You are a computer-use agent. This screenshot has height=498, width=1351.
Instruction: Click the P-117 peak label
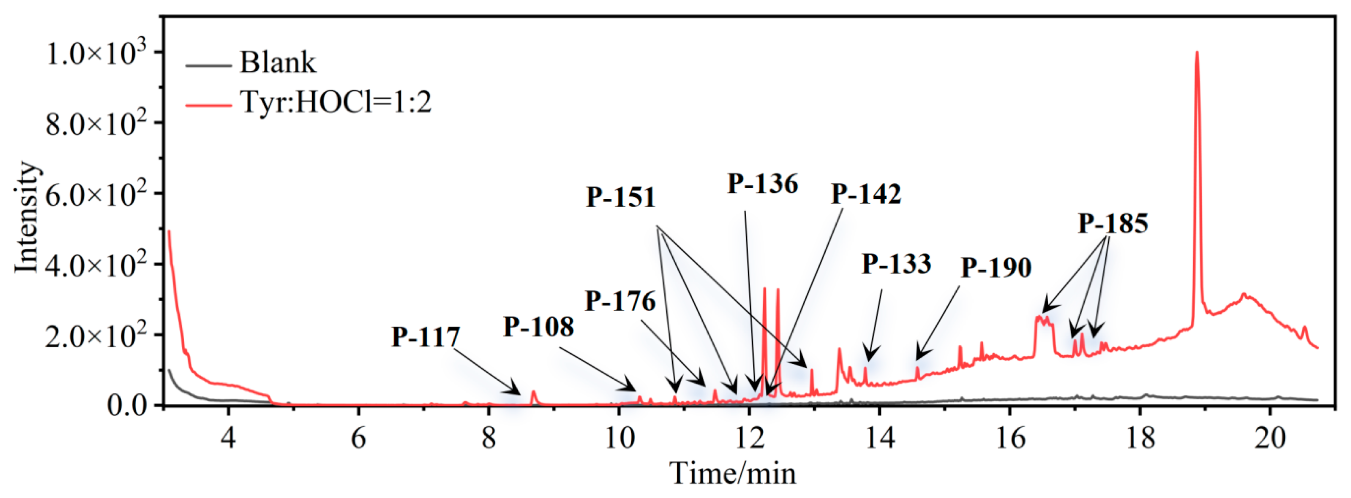tap(425, 336)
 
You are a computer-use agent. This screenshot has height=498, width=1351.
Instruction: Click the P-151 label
tap(621, 198)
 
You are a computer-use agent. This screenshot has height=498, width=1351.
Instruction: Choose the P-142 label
tap(866, 194)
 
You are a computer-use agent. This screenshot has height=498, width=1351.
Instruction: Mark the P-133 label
tap(896, 264)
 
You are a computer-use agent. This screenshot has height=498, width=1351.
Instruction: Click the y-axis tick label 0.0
tap(128, 405)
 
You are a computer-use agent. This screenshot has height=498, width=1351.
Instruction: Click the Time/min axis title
tap(733, 473)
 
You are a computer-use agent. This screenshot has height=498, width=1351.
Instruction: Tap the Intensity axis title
tap(26, 217)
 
